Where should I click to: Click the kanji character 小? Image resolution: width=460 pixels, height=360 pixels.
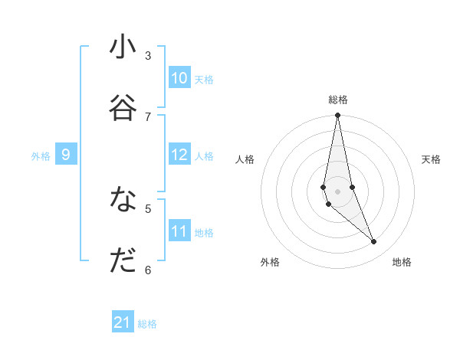123,47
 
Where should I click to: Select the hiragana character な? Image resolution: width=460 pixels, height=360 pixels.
123,200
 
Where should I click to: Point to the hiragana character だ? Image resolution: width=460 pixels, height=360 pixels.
123,261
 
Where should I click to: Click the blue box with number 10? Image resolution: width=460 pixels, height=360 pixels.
179,78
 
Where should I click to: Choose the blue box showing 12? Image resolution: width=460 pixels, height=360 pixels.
179,155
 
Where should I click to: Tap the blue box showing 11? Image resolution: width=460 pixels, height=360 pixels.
179,231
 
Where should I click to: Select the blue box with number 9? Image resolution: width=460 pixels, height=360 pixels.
66,155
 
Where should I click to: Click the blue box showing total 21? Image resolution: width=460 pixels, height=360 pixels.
123,322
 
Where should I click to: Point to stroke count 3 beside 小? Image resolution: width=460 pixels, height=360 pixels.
148,55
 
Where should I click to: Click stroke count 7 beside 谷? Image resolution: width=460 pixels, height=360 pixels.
148,116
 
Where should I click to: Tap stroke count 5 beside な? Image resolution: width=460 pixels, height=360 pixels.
148,208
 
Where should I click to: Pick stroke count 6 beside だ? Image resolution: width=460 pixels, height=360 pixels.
148,270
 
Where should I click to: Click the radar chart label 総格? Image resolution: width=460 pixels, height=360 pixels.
338,100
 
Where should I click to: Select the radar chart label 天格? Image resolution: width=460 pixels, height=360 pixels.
431,159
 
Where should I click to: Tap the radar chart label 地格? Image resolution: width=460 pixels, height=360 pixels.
402,262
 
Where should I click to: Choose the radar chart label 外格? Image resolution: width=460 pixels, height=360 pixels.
270,262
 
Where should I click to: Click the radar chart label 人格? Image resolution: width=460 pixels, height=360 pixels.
245,159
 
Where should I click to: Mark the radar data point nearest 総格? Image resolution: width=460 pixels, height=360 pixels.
337,116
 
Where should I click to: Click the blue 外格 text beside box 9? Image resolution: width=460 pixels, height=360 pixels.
41,156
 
